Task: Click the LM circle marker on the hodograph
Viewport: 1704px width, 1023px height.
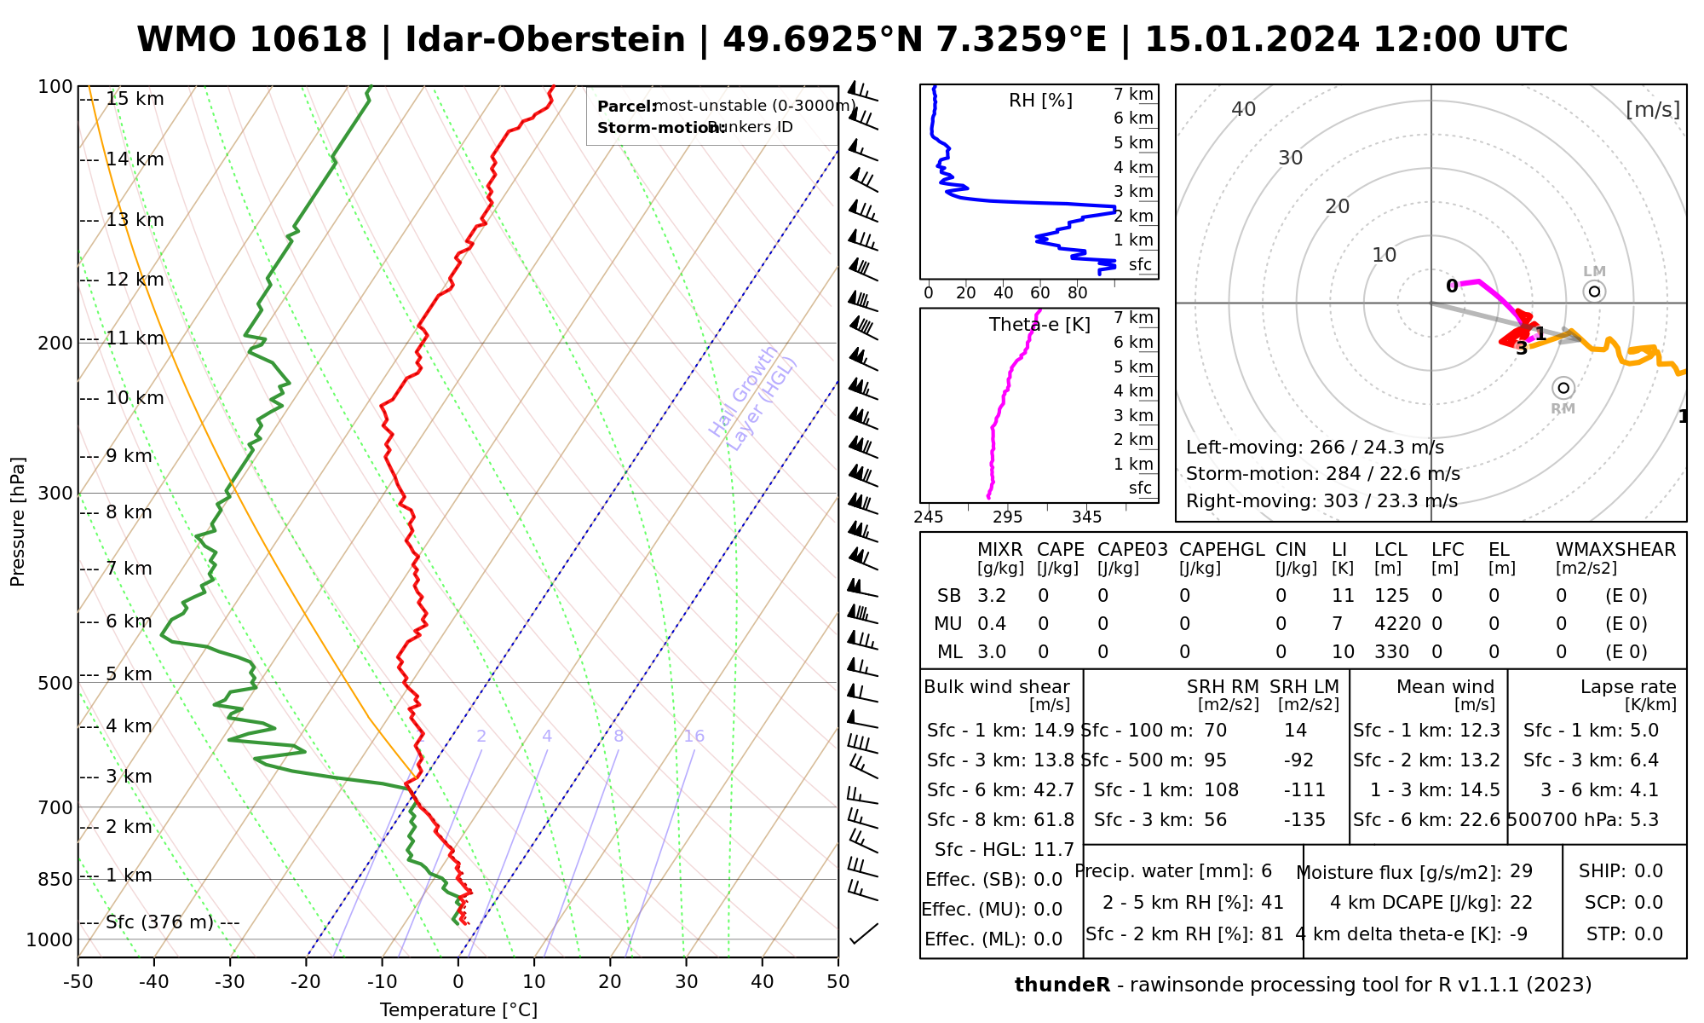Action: point(1594,292)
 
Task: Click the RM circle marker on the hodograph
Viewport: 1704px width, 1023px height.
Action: point(1563,388)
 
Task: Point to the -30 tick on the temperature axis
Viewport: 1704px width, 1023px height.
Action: point(230,981)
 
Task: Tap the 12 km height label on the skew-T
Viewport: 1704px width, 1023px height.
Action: point(135,280)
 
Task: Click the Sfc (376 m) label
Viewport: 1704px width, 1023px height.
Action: point(159,922)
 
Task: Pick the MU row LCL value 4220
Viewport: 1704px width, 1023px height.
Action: point(1397,624)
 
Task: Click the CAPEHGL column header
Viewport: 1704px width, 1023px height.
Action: point(1221,550)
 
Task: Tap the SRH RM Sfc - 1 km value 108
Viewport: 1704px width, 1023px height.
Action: point(1221,790)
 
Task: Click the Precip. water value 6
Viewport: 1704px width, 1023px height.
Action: point(1266,871)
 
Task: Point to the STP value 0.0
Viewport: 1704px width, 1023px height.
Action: point(1649,934)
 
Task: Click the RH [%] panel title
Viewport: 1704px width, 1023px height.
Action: point(1040,101)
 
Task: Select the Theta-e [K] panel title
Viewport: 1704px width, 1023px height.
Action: point(1039,325)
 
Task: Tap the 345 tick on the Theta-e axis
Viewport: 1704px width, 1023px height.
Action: point(1086,517)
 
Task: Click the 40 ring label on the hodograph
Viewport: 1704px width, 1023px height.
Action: point(1244,109)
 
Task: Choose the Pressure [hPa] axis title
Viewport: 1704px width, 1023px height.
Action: point(18,522)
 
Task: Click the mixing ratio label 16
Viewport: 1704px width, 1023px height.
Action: point(694,737)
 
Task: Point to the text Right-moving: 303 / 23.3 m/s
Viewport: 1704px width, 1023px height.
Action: point(1321,501)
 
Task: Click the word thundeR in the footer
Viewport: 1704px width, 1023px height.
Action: point(1062,985)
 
